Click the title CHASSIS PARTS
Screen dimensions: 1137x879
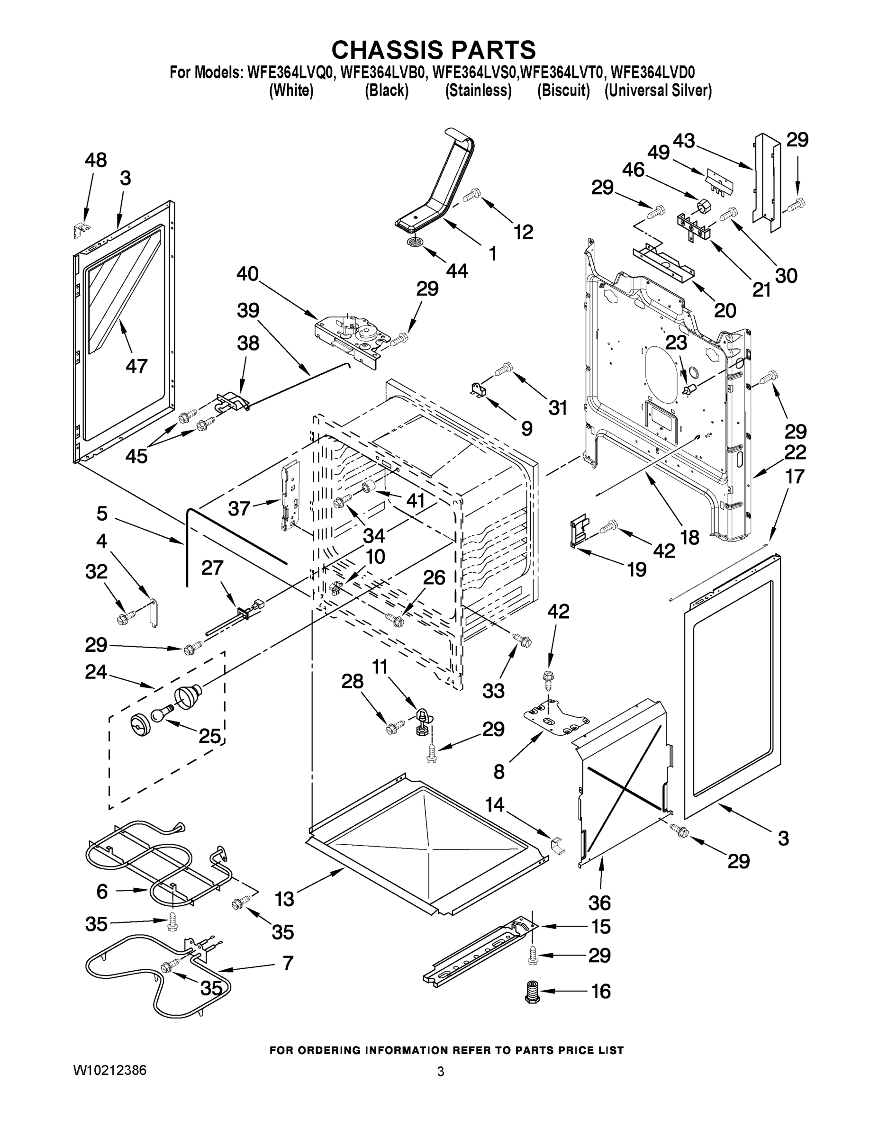(x=433, y=49)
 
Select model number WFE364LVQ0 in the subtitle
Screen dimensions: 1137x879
(x=290, y=72)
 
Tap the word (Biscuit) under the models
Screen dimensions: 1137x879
(x=563, y=90)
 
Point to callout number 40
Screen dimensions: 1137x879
(x=247, y=274)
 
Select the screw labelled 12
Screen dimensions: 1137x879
(x=471, y=196)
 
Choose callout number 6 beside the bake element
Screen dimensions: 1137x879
(x=102, y=891)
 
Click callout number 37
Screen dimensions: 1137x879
(x=239, y=508)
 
